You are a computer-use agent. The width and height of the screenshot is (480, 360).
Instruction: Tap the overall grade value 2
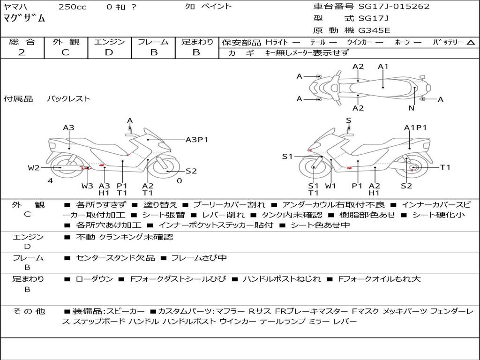click(x=22, y=52)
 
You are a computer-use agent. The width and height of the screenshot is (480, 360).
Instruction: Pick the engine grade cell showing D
click(x=109, y=52)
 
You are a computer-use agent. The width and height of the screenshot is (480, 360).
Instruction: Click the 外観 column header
click(x=65, y=42)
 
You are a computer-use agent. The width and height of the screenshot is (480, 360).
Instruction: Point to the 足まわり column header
click(x=197, y=42)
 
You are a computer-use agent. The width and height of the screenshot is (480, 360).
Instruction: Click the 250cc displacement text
click(x=72, y=7)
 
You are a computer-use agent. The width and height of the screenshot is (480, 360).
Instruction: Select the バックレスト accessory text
click(x=68, y=99)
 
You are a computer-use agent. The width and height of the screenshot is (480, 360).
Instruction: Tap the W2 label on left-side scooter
click(x=34, y=168)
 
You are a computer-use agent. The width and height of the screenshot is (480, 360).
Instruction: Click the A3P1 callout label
click(x=197, y=139)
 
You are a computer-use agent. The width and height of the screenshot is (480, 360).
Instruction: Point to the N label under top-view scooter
click(x=411, y=108)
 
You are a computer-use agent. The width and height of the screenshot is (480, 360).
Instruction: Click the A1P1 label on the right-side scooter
click(x=415, y=127)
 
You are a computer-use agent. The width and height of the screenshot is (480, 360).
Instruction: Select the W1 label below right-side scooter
click(x=330, y=186)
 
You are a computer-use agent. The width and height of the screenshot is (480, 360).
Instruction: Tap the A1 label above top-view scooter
click(x=383, y=67)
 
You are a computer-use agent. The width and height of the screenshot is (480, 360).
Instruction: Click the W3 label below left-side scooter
click(x=87, y=186)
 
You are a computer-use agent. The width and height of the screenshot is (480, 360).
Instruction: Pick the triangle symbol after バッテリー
click(x=471, y=42)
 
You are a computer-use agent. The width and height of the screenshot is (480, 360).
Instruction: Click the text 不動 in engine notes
click(x=85, y=237)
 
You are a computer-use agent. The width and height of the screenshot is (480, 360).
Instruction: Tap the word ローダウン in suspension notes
click(x=94, y=279)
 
